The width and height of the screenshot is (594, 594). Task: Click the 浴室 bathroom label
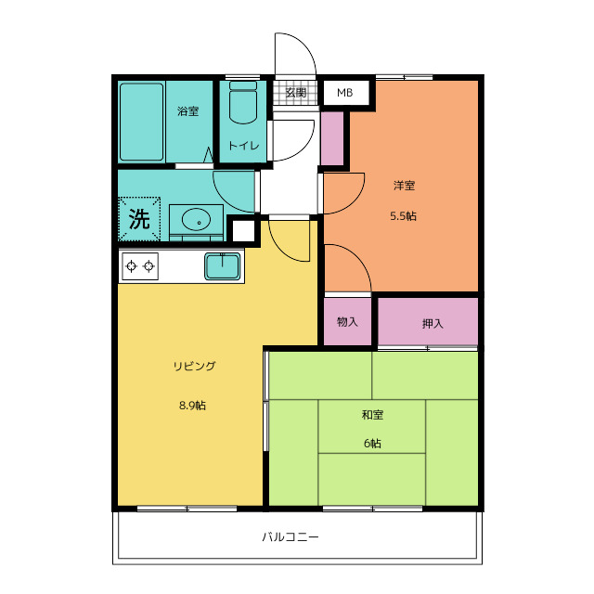(187, 111)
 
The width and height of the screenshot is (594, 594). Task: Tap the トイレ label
(243, 146)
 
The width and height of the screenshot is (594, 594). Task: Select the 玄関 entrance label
(295, 93)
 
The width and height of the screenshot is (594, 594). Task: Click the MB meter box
(345, 93)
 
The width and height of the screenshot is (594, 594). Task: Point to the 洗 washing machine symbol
(139, 219)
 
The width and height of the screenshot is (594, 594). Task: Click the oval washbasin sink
(196, 219)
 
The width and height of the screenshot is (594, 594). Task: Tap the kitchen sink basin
(223, 266)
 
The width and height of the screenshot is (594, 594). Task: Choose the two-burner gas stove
(140, 266)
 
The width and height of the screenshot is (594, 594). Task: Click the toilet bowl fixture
(243, 102)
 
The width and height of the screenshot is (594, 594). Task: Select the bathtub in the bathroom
(141, 122)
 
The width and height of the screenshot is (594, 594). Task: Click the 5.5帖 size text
(404, 216)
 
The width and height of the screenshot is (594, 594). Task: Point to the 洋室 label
(405, 186)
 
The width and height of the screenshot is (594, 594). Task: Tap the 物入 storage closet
(347, 322)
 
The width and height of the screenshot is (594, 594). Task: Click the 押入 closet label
(433, 324)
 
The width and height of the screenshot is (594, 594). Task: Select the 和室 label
(372, 415)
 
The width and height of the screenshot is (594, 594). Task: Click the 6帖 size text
(372, 444)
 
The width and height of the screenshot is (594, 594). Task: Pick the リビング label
(195, 366)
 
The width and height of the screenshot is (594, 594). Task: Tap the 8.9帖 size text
(192, 406)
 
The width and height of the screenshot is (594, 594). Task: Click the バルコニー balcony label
(291, 536)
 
